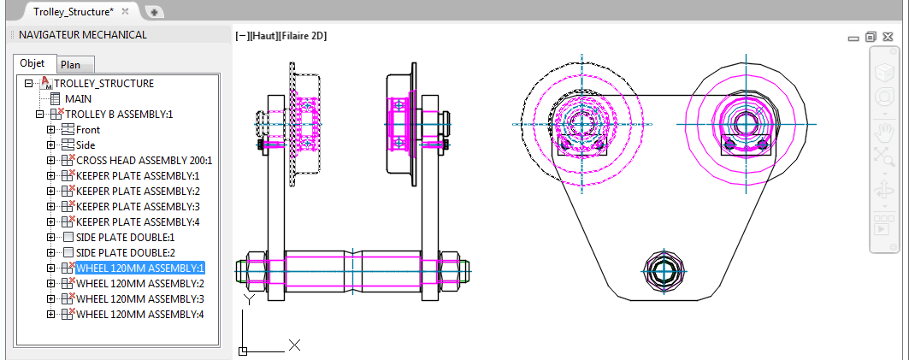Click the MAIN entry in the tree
[x=80, y=98]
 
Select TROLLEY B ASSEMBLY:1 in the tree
[x=120, y=114]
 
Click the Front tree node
[x=87, y=129]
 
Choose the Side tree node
[x=86, y=145]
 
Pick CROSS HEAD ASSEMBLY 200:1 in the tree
[x=144, y=160]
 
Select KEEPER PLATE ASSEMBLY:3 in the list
[x=137, y=206]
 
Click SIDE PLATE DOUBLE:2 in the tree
[x=125, y=252]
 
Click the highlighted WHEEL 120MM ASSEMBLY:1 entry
[x=140, y=268]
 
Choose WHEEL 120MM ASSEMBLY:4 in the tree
[x=140, y=314]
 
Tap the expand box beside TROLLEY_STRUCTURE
[x=28, y=84]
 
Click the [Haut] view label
[x=262, y=36]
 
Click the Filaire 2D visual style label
[x=303, y=36]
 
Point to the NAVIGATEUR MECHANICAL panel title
[x=83, y=35]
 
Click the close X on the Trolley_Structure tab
[x=125, y=12]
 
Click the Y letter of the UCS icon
[x=249, y=300]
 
